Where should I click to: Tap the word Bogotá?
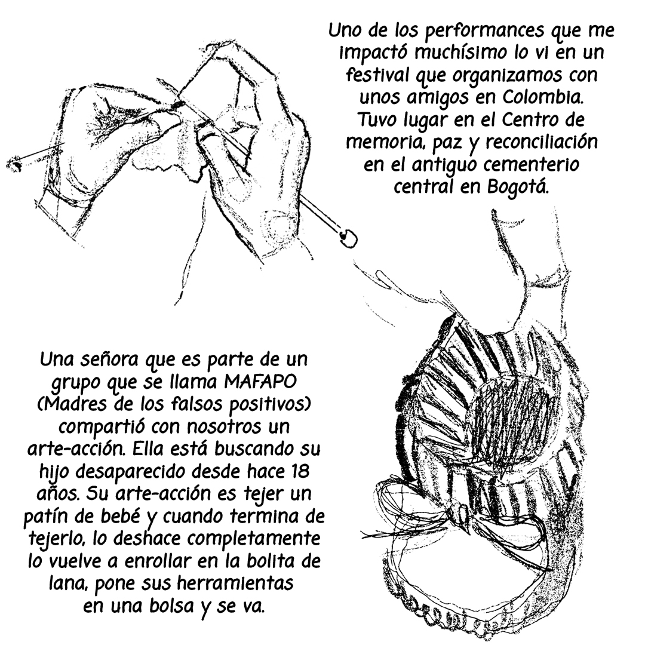518,187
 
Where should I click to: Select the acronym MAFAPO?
260,381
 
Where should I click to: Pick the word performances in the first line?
487,31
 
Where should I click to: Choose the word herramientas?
235,583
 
